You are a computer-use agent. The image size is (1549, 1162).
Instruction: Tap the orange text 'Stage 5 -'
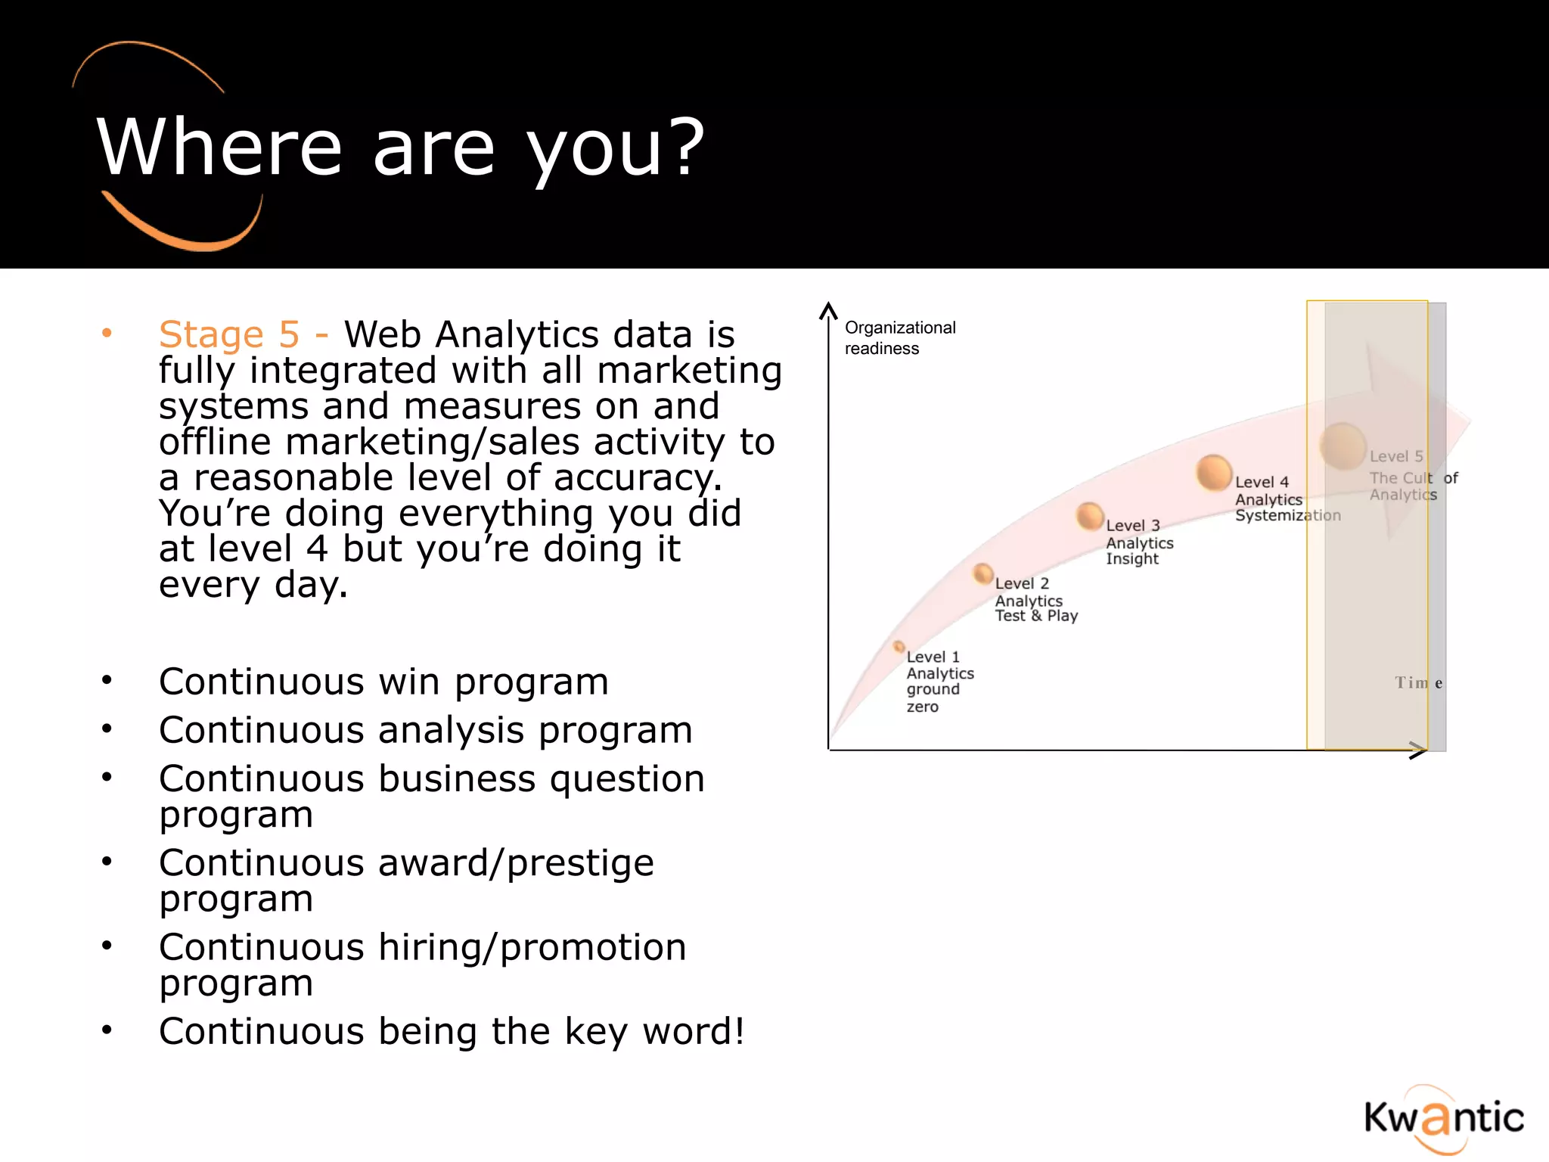[x=242, y=334]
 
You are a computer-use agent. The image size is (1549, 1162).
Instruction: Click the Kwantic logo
[x=1443, y=1118]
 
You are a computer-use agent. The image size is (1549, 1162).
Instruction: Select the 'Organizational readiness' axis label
[x=899, y=337]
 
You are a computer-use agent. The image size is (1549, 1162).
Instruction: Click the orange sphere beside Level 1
[x=899, y=647]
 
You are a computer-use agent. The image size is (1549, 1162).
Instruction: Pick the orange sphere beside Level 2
[x=982, y=574]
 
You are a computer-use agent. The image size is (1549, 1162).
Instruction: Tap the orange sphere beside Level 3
[x=1090, y=516]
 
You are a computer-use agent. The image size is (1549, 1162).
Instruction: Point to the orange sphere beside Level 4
[x=1214, y=473]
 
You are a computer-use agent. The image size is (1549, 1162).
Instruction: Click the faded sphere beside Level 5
[x=1343, y=446]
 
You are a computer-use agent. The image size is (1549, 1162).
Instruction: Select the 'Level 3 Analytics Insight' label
[x=1138, y=542]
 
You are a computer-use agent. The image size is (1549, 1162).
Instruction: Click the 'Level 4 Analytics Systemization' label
[x=1286, y=499]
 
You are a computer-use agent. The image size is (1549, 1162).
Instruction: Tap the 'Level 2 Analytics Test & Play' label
[x=1035, y=600]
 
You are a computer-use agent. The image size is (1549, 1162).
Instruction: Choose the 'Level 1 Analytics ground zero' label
[x=939, y=681]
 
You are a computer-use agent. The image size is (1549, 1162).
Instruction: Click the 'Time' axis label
[x=1418, y=683]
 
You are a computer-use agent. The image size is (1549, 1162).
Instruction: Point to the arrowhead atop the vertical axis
[x=829, y=309]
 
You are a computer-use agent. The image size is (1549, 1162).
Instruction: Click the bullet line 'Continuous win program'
[x=383, y=682]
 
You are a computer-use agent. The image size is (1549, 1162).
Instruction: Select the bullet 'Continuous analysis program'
[x=425, y=730]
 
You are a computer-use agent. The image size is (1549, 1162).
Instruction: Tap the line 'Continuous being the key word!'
[x=452, y=1032]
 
